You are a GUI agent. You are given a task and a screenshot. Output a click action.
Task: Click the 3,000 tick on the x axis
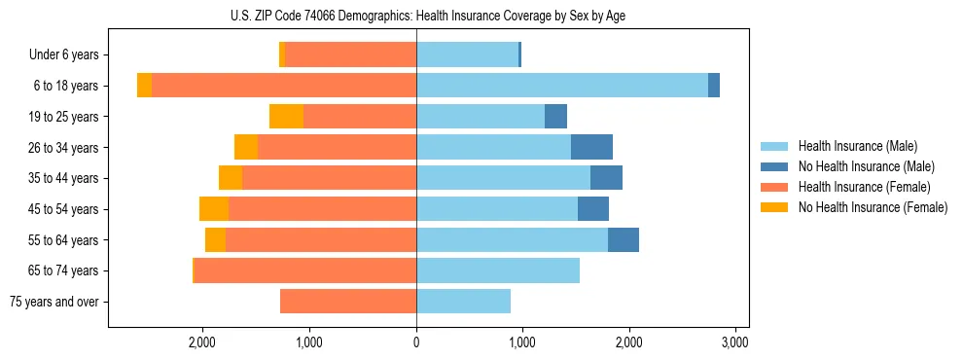pos(734,342)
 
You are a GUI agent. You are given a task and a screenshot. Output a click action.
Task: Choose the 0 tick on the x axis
pos(416,342)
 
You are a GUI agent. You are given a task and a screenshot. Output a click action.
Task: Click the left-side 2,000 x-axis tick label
pos(202,342)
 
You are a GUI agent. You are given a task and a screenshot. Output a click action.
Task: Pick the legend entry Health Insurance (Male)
pos(857,146)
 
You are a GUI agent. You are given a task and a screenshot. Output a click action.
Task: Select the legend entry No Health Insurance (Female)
pos(873,207)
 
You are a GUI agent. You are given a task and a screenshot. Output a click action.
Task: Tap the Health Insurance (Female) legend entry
pos(864,187)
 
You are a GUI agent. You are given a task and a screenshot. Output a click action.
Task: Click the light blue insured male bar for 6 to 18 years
pos(562,86)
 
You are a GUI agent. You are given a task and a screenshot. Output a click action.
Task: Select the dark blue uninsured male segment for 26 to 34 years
pos(591,147)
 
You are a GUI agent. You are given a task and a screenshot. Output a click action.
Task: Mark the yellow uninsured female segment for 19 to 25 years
pos(286,117)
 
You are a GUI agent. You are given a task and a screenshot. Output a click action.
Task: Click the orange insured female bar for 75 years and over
pos(348,302)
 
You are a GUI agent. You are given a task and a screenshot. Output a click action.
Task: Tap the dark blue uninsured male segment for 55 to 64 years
pos(624,239)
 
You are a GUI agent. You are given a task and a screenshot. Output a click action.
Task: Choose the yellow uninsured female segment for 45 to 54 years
pos(214,209)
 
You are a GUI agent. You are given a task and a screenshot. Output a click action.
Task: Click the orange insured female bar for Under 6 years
pos(350,55)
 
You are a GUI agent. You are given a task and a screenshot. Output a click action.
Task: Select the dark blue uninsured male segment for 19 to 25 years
pos(555,117)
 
